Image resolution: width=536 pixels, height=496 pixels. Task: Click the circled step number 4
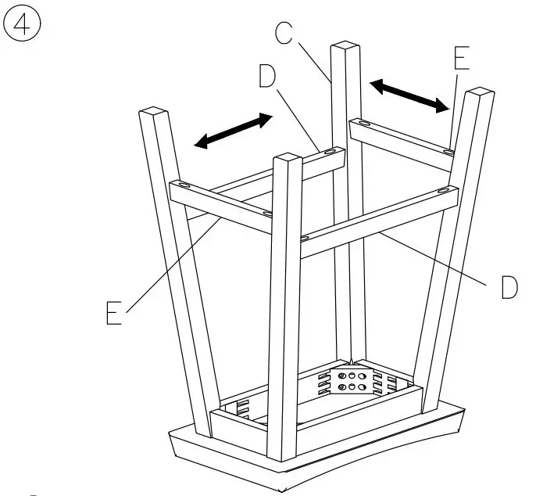[23, 24]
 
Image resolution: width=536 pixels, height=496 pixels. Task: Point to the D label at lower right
[509, 287]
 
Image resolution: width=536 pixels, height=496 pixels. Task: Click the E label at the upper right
[462, 59]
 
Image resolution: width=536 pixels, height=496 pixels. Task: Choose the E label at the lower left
[114, 312]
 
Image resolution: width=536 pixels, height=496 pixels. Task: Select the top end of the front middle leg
[287, 161]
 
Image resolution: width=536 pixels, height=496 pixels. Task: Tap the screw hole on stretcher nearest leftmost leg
[184, 185]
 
